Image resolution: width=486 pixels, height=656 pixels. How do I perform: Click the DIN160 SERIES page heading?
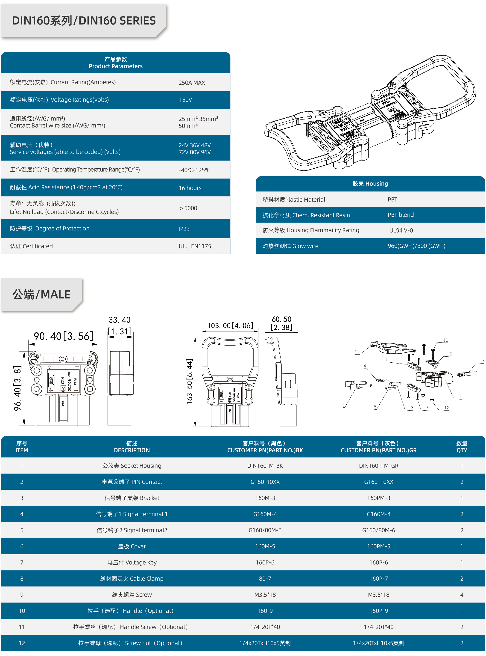click(x=84, y=21)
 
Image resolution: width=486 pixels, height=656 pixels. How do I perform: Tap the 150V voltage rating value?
click(x=185, y=100)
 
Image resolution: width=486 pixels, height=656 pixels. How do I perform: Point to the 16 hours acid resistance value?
click(x=190, y=188)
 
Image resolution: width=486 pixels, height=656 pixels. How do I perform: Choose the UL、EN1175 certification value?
click(x=195, y=246)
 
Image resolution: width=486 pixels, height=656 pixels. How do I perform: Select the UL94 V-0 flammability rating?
click(x=401, y=230)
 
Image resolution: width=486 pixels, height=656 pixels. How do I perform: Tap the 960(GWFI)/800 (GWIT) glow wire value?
click(x=416, y=246)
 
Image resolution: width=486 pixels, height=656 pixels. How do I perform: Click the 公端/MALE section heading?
click(x=41, y=295)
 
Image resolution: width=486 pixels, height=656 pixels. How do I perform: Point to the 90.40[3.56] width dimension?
click(x=63, y=336)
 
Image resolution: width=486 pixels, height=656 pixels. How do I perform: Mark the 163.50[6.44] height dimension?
click(x=190, y=382)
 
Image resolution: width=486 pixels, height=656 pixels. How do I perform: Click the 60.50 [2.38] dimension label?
click(x=281, y=323)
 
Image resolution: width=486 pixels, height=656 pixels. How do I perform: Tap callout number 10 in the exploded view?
click(x=357, y=352)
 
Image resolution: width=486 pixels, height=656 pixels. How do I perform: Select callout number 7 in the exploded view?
click(x=483, y=361)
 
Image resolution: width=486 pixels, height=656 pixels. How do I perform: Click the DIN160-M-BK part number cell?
click(x=265, y=466)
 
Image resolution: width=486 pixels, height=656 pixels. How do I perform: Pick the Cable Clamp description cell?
click(x=132, y=578)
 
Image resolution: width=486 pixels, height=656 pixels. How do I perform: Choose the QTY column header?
click(x=462, y=447)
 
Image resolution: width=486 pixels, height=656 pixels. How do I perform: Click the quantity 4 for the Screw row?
click(x=462, y=595)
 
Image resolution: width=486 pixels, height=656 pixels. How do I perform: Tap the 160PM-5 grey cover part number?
click(x=378, y=546)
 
